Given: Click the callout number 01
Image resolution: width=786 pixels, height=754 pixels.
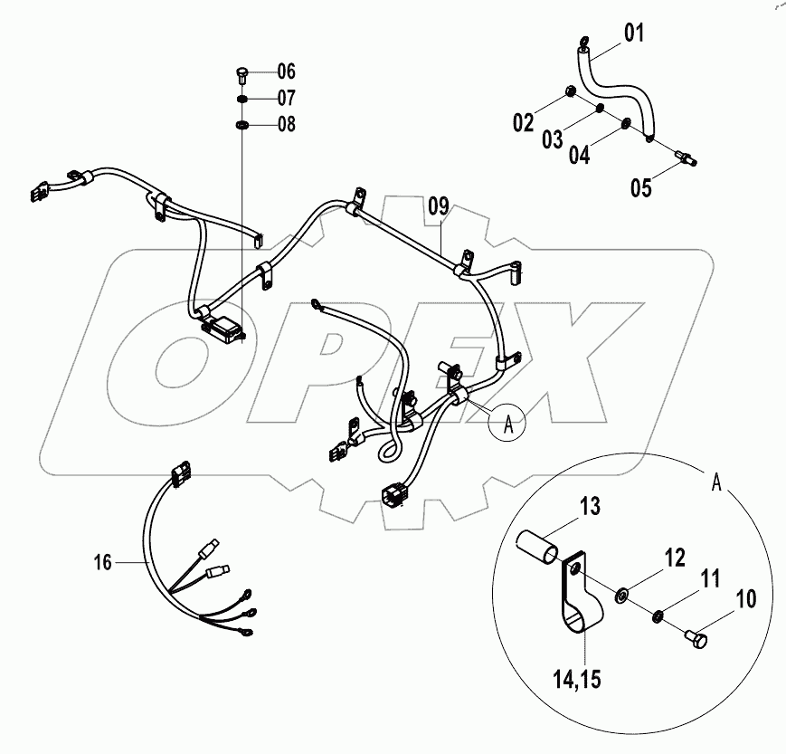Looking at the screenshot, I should click(x=633, y=35).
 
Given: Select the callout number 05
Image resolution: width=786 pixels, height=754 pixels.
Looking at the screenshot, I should click(x=641, y=188).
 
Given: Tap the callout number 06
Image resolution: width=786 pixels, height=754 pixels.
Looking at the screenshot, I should click(x=287, y=71).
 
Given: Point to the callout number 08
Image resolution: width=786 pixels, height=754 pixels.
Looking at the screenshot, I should click(x=287, y=124).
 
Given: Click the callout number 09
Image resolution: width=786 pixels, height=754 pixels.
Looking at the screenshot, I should click(x=438, y=206).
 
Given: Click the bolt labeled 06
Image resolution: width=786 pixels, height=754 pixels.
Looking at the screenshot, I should click(x=242, y=72).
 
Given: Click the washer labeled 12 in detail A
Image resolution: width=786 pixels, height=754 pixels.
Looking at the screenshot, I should click(x=621, y=596).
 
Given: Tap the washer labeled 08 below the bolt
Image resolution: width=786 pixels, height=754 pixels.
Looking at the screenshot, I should click(x=243, y=124).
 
